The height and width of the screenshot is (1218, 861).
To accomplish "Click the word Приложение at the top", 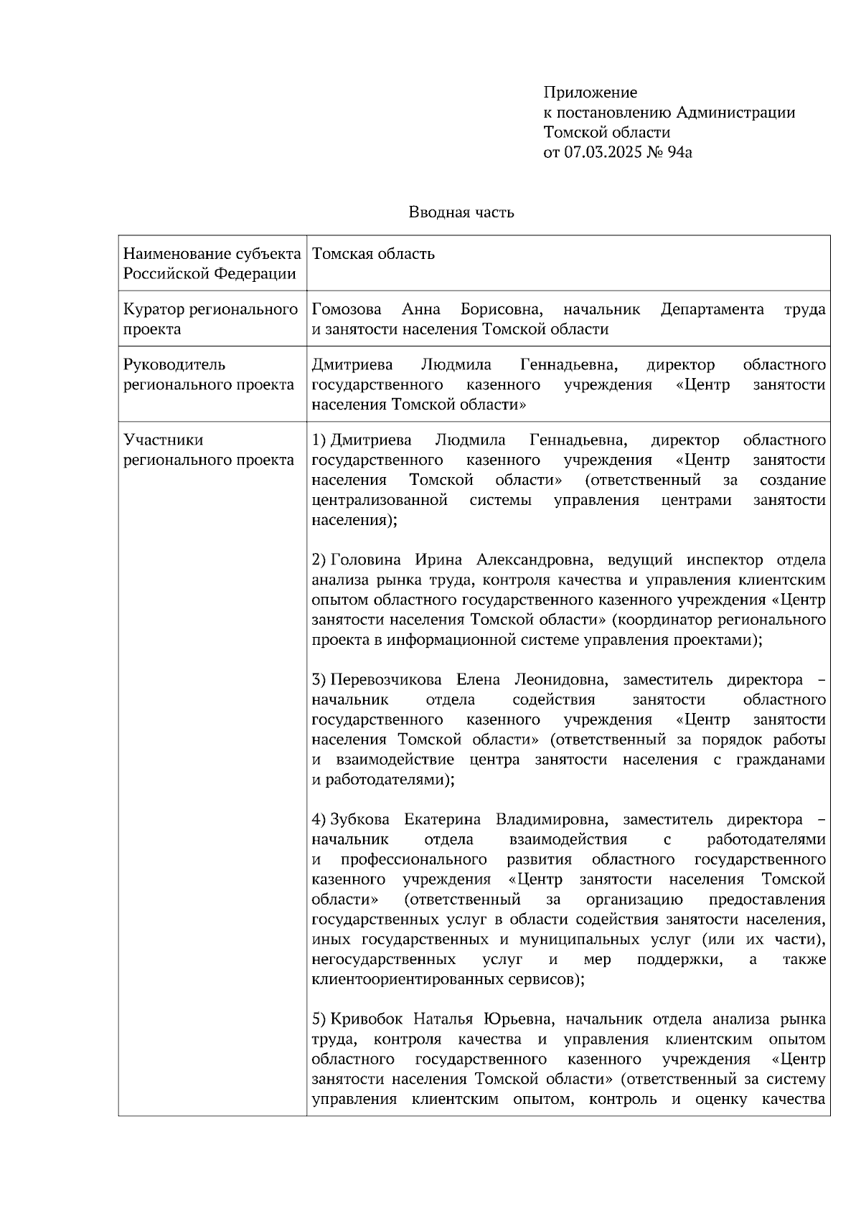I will point(590,93).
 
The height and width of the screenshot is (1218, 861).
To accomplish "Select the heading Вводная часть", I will point(461,212).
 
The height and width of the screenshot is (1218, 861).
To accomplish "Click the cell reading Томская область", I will point(373,254).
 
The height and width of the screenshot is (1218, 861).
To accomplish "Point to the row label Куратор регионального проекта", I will point(210,319).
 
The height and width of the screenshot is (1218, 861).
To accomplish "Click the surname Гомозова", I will point(347,309).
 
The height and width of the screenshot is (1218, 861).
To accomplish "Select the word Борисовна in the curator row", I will point(501,309).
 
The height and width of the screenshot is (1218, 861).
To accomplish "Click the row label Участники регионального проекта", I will point(208,450).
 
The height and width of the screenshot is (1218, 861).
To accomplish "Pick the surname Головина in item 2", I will point(365,560).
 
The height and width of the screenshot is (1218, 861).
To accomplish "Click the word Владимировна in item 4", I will point(552,819).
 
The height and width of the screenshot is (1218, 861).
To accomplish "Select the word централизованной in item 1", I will point(380,500).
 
